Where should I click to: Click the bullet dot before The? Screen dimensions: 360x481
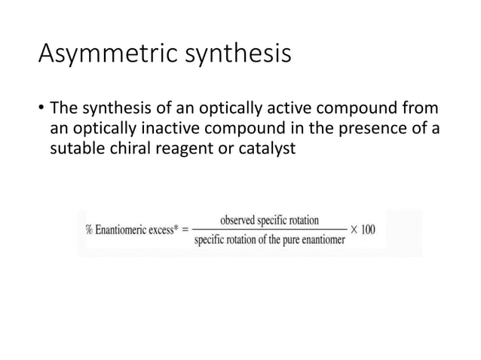click(41, 105)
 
